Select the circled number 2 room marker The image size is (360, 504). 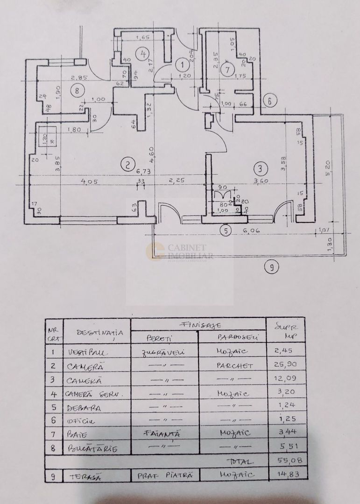[125, 164]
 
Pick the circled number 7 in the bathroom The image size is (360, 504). [227, 70]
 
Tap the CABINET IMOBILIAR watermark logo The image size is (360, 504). [180, 252]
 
